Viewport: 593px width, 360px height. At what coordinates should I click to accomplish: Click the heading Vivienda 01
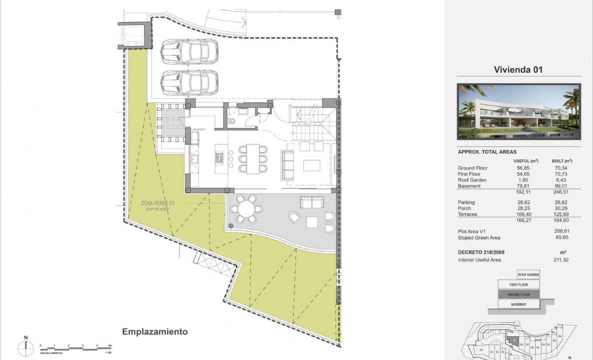point(518,70)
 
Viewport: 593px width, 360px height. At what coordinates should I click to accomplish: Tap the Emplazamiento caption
point(155,332)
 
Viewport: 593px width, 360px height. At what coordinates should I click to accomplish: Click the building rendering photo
point(519,111)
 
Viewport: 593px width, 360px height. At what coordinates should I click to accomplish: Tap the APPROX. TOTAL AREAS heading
point(487,152)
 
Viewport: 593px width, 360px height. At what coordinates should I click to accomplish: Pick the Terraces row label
point(468,214)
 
